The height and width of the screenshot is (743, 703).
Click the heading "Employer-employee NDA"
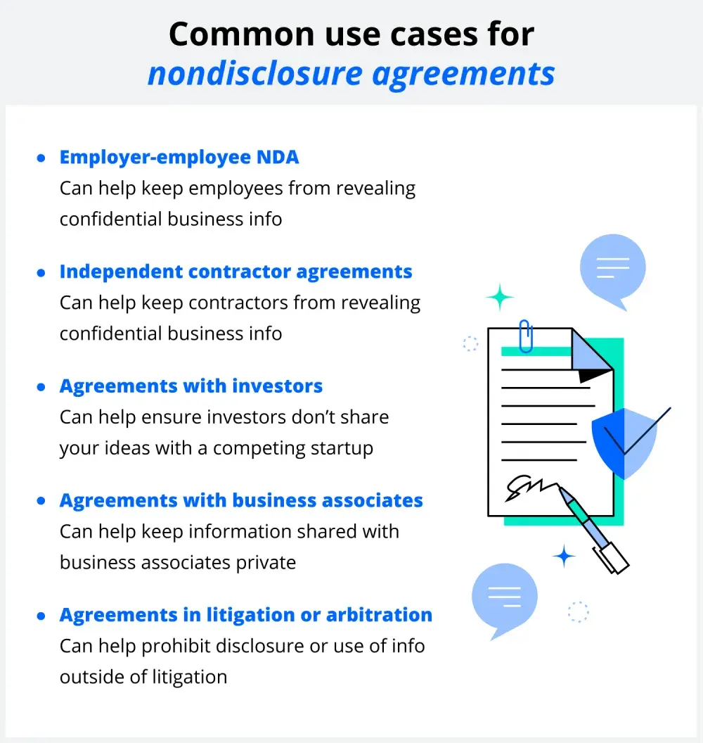click(x=179, y=157)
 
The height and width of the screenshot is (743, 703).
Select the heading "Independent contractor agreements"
click(x=236, y=272)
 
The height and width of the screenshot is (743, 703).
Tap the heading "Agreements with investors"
click(x=191, y=386)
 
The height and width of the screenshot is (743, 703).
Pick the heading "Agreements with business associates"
click(x=241, y=500)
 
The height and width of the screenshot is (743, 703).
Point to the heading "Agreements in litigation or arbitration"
click(x=245, y=615)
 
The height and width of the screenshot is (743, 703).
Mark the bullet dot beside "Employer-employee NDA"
click(x=41, y=158)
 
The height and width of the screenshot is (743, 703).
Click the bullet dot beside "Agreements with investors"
click(x=41, y=387)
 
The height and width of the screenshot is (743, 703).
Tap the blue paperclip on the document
click(x=525, y=335)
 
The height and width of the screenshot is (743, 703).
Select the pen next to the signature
click(x=592, y=528)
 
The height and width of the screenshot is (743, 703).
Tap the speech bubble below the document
click(x=503, y=597)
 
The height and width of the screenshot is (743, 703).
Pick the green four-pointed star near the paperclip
click(x=500, y=297)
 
